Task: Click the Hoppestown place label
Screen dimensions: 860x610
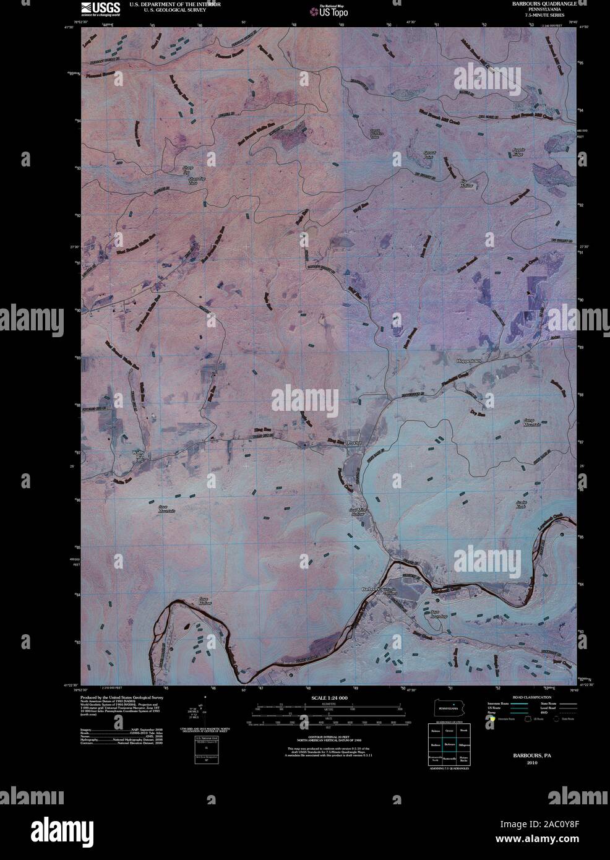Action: pyautogui.click(x=468, y=359)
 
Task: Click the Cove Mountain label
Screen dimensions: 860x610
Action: pyautogui.click(x=166, y=509)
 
